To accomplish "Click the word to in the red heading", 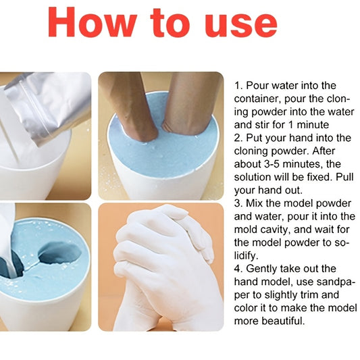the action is pyautogui.click(x=171, y=23).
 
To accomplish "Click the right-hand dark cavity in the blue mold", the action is pyautogui.click(x=60, y=253).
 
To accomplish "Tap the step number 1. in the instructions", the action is pyautogui.click(x=238, y=86).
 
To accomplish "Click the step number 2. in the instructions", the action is pyautogui.click(x=238, y=138).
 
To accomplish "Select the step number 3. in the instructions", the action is pyautogui.click(x=238, y=203).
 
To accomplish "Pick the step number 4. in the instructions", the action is pyautogui.click(x=239, y=269).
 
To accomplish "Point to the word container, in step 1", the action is pyautogui.click(x=257, y=99).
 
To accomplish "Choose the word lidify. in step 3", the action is pyautogui.click(x=246, y=256).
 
